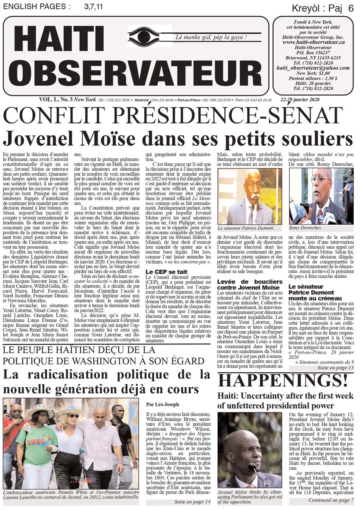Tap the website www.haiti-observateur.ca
point(313,42)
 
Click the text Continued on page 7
point(331,500)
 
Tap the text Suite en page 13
point(336,368)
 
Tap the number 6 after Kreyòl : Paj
point(351,8)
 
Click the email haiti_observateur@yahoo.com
point(313,68)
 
